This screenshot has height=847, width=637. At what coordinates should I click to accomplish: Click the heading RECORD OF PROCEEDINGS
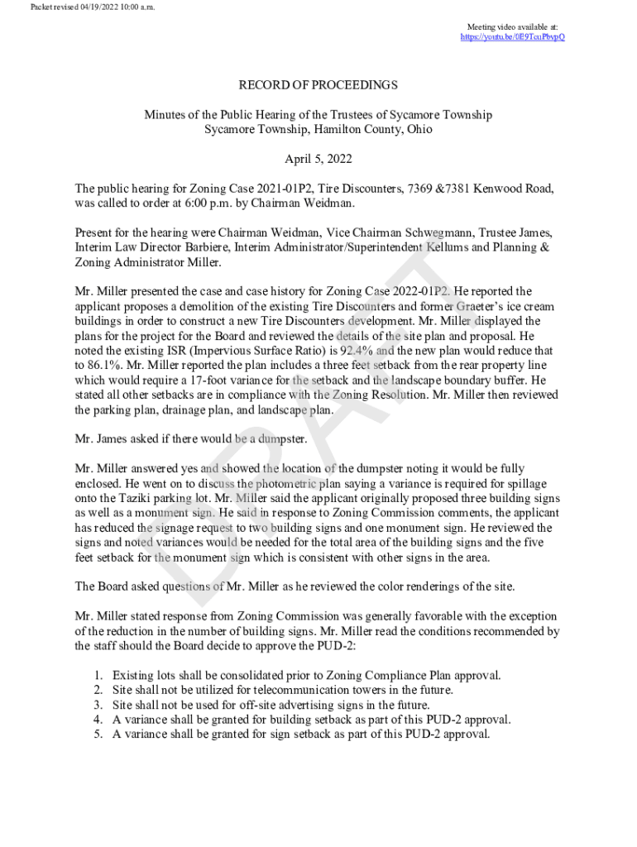(x=318, y=85)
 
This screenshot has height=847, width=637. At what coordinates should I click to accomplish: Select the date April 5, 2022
(x=318, y=158)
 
